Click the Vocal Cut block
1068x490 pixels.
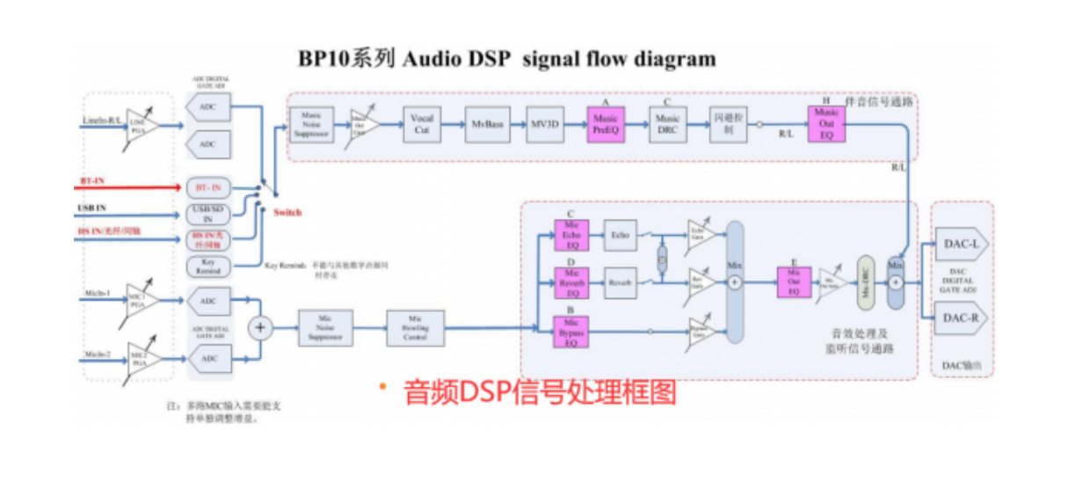point(423,125)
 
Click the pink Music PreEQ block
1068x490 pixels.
point(605,125)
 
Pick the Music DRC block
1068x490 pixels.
point(668,125)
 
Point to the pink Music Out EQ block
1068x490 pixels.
point(826,124)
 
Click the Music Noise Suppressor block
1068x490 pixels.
point(311,125)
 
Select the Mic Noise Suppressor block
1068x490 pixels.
point(324,327)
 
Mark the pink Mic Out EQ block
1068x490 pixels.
point(794,282)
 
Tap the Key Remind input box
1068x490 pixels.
point(208,267)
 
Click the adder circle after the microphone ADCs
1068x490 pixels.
point(259,329)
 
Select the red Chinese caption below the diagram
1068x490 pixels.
point(540,391)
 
